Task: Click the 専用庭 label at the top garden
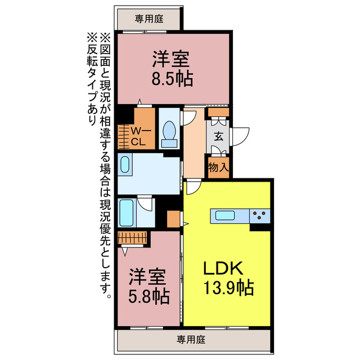pos(149,19)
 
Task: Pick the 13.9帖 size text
pos(227,289)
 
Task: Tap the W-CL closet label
pos(139,136)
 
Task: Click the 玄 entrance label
pos(218,137)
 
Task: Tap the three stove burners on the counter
pos(260,214)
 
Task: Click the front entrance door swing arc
pos(242,136)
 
